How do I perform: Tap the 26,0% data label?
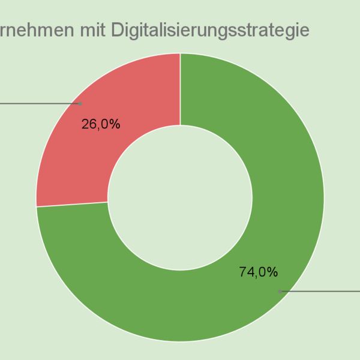click(100, 124)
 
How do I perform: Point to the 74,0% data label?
click(258, 272)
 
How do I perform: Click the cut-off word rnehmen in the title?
click(36, 31)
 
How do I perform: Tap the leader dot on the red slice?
click(81, 103)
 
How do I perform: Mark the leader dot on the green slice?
click(280, 292)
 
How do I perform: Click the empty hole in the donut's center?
click(180, 197)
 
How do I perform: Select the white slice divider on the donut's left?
click(72, 204)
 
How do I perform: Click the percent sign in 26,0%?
click(115, 124)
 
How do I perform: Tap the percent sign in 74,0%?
click(272, 272)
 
